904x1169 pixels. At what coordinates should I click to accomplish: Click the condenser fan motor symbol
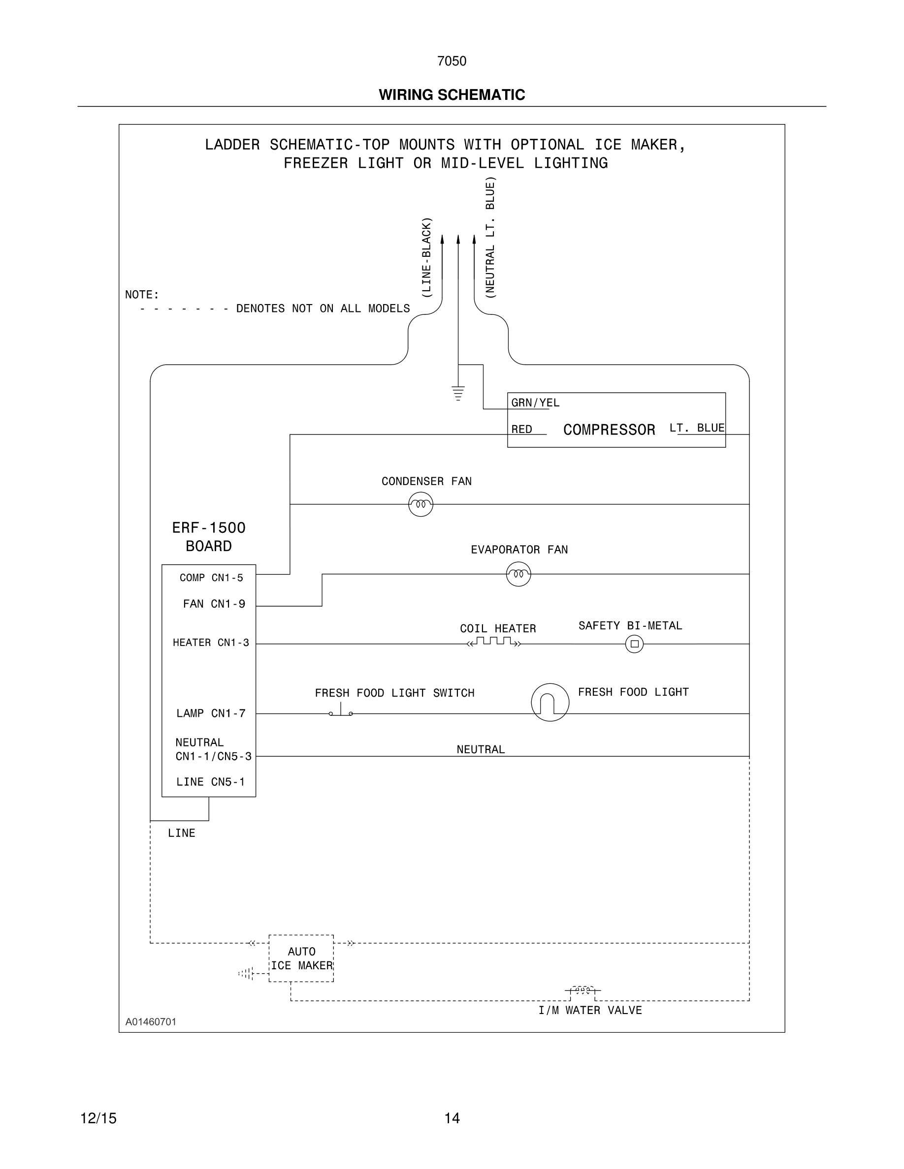coord(420,504)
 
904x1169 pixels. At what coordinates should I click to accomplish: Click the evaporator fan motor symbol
coord(518,574)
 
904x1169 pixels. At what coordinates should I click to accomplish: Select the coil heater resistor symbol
coord(493,642)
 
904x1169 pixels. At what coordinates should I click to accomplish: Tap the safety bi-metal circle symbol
coord(634,644)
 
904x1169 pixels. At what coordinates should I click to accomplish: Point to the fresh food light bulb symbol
coord(550,702)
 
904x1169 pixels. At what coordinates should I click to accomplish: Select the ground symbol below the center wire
coord(458,393)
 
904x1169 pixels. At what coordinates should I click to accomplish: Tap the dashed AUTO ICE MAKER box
coord(301,958)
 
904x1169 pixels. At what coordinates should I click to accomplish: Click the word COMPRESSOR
coord(609,430)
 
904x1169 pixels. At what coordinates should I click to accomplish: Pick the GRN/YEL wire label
coord(535,403)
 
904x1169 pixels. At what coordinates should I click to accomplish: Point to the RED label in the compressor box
coord(521,430)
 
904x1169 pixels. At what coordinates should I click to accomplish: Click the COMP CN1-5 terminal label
coord(211,578)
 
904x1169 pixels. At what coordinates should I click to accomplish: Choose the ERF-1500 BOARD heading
coord(208,537)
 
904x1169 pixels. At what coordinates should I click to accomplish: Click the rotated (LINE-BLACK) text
coord(426,257)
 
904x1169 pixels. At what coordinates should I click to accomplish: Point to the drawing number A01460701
coord(151,1021)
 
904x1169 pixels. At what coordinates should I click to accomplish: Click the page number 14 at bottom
coord(452,1118)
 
